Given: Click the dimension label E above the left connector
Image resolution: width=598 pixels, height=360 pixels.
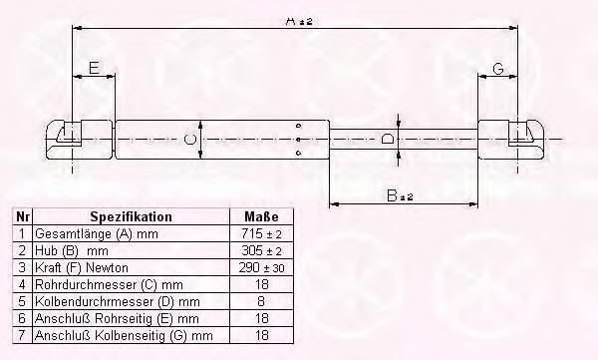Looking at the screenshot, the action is [x=95, y=68].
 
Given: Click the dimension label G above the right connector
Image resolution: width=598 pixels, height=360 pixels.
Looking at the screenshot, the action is [x=498, y=69].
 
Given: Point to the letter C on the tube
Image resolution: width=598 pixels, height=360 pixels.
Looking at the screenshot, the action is [x=190, y=139].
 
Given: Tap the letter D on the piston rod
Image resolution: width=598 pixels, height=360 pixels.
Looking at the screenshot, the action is [x=388, y=139].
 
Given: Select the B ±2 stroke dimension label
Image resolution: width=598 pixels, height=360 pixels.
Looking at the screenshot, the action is [x=400, y=195].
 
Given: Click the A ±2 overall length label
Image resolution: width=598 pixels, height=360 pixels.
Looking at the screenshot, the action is [x=299, y=21].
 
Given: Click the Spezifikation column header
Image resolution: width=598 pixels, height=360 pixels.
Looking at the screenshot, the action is [x=131, y=216].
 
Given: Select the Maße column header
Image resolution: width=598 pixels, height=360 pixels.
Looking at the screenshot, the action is [x=261, y=216].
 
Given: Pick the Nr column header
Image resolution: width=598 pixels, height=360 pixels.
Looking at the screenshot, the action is [x=23, y=216].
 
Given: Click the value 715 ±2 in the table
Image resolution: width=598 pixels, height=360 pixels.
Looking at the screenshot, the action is [x=261, y=233].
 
